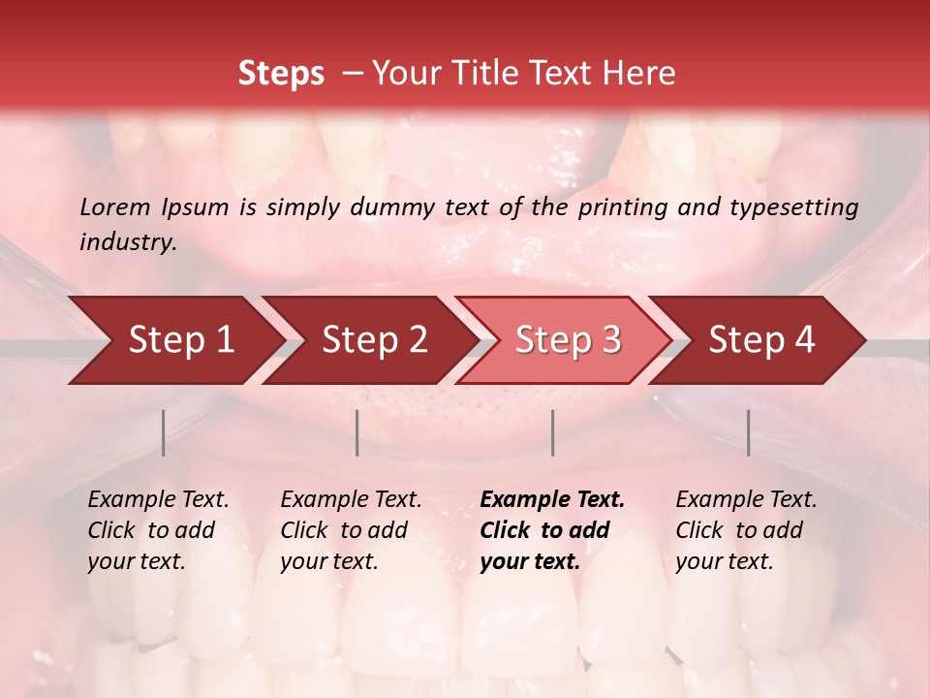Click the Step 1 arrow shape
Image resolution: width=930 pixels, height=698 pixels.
180,340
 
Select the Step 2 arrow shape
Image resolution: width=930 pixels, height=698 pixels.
373,340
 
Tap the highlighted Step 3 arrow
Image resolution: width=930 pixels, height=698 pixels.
567,340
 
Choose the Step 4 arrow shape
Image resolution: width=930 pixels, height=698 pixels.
760,340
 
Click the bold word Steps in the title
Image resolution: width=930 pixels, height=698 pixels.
281,74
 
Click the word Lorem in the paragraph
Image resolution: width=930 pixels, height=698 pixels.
115,207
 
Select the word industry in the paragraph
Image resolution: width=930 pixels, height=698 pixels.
128,242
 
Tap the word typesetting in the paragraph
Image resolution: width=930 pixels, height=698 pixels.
789,207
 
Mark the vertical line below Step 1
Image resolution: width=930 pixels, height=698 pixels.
164,432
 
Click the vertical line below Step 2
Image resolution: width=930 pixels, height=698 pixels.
357,432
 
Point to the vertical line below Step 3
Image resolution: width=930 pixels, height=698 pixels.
552,432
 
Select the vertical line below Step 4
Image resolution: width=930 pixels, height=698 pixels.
748,432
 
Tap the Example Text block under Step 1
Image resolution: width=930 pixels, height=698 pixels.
158,530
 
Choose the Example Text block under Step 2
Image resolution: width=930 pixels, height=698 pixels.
351,530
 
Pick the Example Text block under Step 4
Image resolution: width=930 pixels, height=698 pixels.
746,530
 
